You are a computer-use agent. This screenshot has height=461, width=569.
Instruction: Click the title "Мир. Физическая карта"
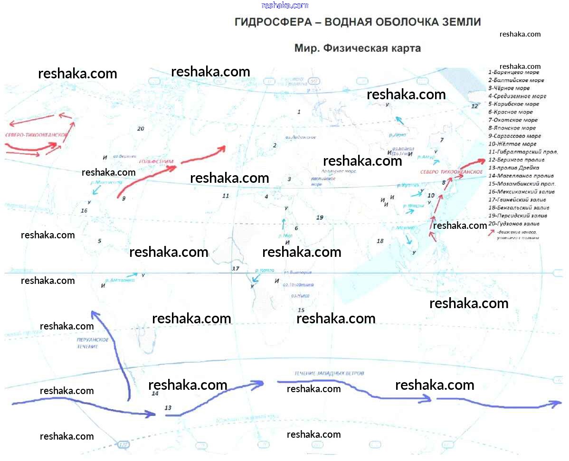tap(357, 48)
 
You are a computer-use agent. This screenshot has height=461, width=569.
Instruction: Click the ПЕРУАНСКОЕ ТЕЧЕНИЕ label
tap(93, 343)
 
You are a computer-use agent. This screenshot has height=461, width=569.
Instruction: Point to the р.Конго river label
tap(264, 271)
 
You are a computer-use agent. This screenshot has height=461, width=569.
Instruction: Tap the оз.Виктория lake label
tap(297, 273)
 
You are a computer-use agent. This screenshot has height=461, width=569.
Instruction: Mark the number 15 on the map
tap(301, 310)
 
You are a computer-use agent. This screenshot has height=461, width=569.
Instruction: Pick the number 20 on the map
tap(140, 129)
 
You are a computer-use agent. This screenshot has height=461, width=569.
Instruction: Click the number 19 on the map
tap(320, 217)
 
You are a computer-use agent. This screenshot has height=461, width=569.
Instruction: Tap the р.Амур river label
tap(427, 156)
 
